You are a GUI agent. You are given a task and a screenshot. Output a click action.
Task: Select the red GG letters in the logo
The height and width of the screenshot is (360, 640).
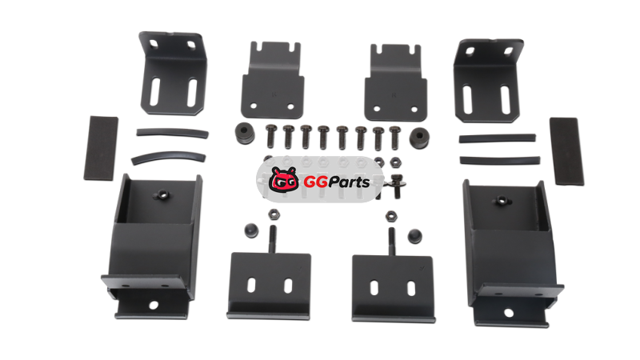pyautogui.click(x=315, y=182)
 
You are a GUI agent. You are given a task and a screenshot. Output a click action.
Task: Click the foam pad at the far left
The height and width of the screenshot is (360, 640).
pyautogui.click(x=101, y=148)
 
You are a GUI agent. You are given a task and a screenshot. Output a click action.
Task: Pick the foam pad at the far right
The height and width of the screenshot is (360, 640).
pyautogui.click(x=566, y=151)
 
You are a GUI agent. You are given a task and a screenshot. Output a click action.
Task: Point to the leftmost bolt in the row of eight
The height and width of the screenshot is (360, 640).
pyautogui.click(x=271, y=136)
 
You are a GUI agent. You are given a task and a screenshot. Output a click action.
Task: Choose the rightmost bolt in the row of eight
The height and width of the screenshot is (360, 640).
pyautogui.click(x=395, y=138)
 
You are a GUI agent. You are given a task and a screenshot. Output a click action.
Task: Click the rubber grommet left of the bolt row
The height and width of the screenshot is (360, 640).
pyautogui.click(x=245, y=133)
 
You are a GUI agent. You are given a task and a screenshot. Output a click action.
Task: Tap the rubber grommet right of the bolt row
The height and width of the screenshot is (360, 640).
pyautogui.click(x=419, y=138)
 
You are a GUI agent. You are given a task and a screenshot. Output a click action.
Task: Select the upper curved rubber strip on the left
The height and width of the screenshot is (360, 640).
pyautogui.click(x=172, y=133)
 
